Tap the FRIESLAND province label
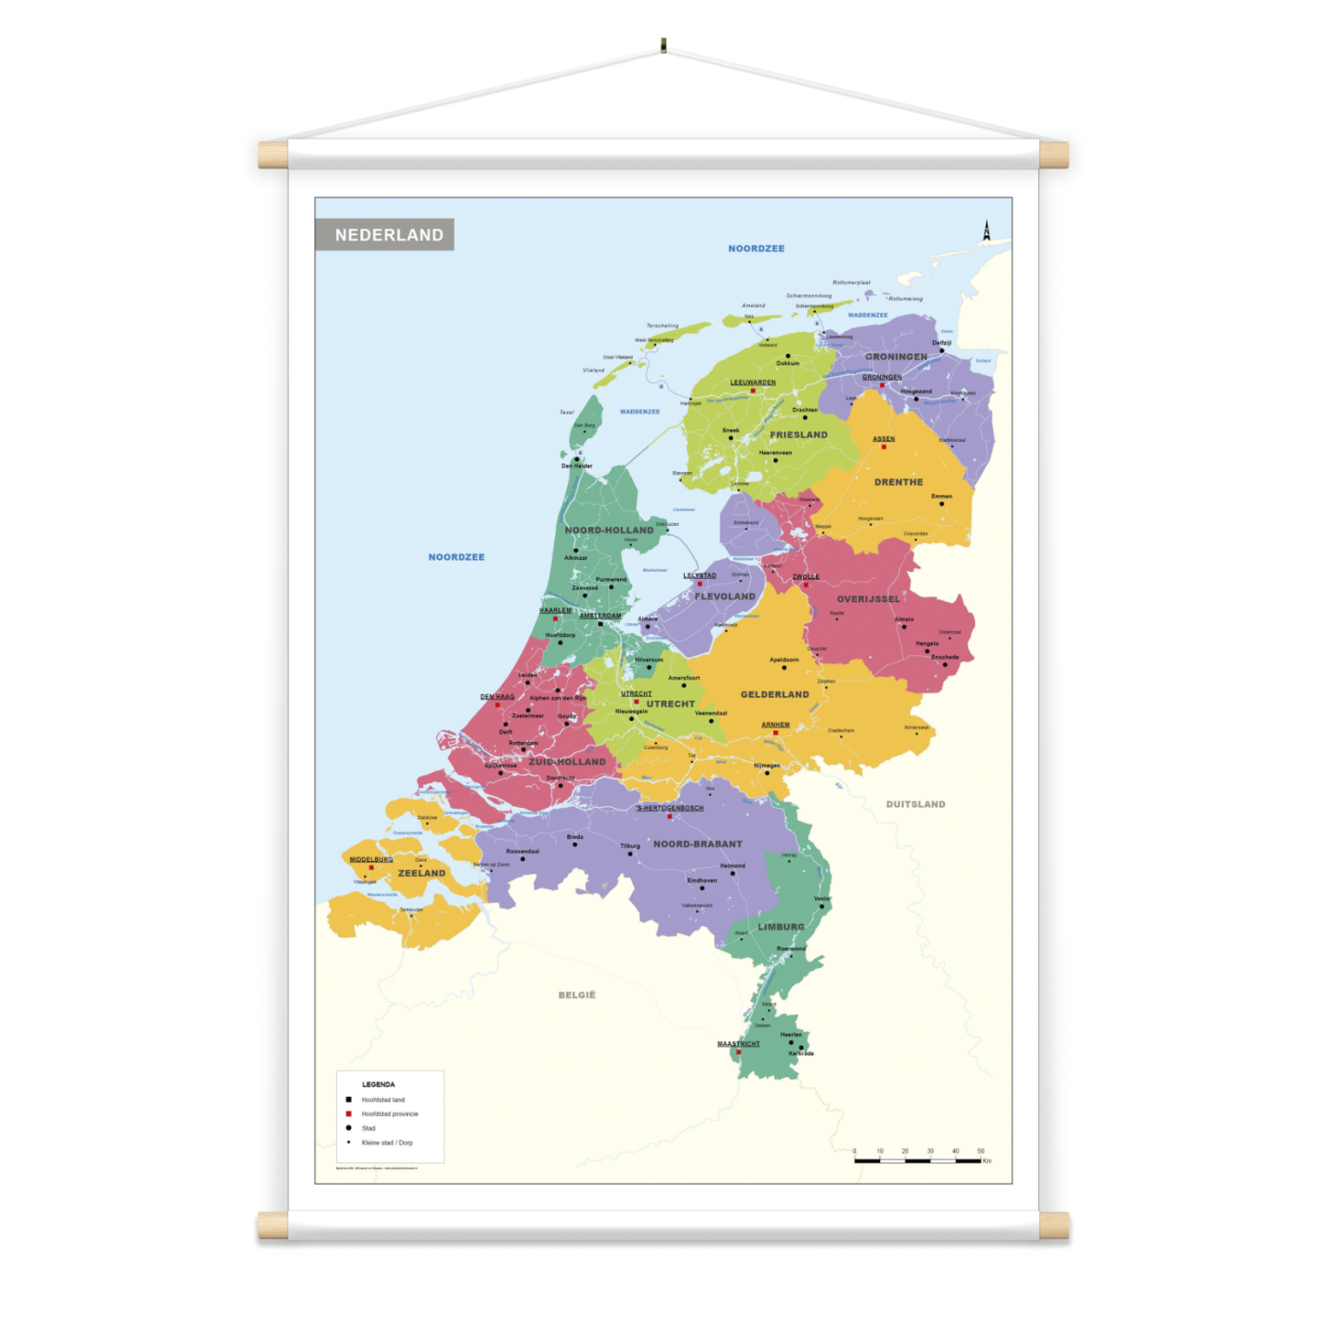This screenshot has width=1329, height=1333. (x=799, y=435)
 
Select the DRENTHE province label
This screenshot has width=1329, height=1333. (x=898, y=483)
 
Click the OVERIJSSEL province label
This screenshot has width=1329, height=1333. (x=868, y=600)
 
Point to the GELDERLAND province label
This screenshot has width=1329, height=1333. (x=774, y=695)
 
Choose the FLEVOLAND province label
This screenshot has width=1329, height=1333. (x=725, y=597)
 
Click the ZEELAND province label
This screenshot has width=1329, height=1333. (x=422, y=874)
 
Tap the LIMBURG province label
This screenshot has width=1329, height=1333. (x=781, y=928)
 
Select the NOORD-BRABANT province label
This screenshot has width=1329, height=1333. (x=698, y=844)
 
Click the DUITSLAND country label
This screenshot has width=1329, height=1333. (x=916, y=804)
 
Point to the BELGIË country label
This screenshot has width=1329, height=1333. (x=577, y=995)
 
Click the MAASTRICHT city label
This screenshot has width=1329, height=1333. (x=739, y=1044)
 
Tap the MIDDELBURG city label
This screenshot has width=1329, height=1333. (x=372, y=860)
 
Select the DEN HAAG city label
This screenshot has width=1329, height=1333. (x=497, y=697)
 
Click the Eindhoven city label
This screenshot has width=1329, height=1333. (x=702, y=881)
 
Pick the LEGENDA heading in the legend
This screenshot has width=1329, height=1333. (x=378, y=1085)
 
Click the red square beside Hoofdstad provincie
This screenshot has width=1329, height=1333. (x=349, y=1113)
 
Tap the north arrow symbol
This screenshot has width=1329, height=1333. (x=986, y=231)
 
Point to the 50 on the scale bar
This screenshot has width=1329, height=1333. (x=981, y=1152)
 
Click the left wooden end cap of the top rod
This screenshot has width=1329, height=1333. (x=273, y=155)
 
